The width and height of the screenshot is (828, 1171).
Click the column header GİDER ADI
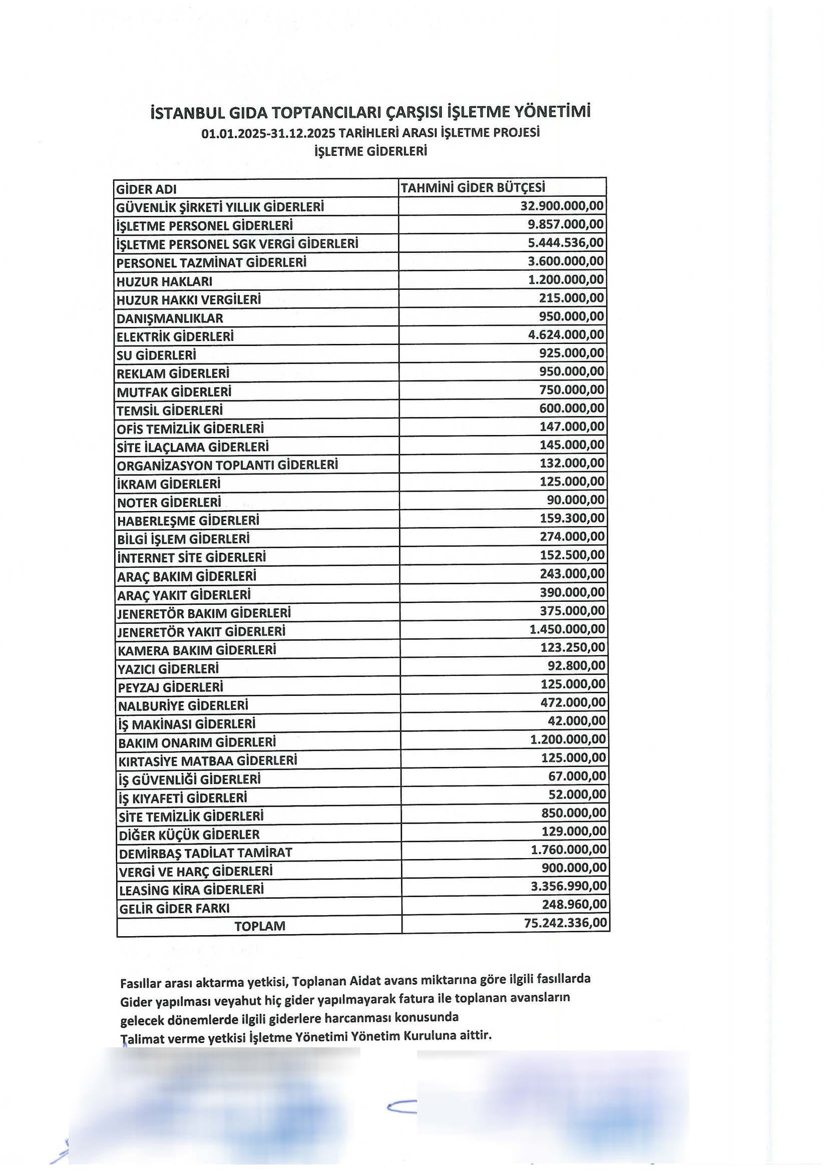146,189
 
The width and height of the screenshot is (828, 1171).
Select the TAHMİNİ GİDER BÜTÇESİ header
473,188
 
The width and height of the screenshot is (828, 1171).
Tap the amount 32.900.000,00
562,206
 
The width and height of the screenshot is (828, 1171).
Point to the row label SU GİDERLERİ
156,355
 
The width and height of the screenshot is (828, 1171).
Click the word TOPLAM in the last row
259,926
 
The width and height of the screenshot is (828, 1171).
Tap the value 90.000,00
576,500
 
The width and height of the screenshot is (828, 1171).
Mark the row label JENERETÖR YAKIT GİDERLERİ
201,632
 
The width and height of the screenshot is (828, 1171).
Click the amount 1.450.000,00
567,629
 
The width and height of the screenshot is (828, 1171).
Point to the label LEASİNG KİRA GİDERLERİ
191,890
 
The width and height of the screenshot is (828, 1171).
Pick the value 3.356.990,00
569,886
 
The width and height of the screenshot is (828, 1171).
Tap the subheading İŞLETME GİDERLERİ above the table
370,151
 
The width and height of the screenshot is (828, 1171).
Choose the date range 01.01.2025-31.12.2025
268,133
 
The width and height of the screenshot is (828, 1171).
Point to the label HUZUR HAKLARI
164,281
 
